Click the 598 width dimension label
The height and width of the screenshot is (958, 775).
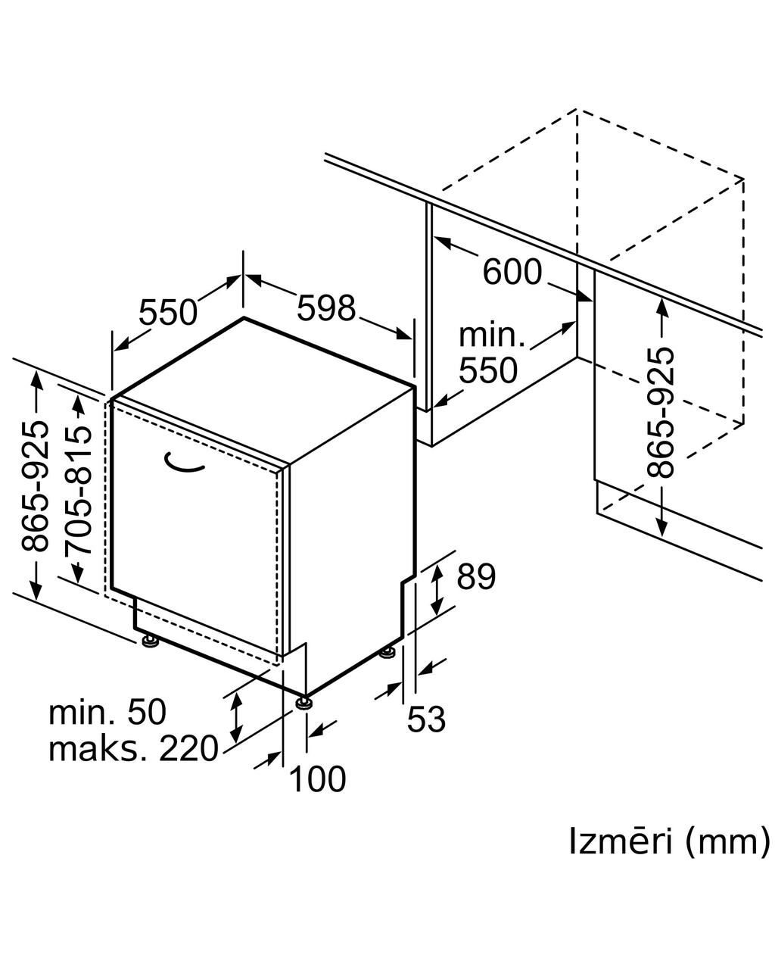[x=326, y=308]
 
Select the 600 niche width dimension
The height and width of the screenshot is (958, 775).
[x=512, y=272]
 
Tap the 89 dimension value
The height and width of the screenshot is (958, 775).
[x=476, y=576]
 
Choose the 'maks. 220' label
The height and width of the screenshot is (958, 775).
[x=133, y=748]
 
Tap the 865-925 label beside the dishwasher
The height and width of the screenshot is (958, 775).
[x=35, y=486]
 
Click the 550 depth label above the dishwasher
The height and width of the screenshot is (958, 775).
[x=168, y=312]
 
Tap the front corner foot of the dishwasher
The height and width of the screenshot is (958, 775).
[x=305, y=703]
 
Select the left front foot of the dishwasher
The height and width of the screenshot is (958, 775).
[x=150, y=641]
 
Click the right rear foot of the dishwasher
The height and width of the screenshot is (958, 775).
[x=387, y=652]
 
